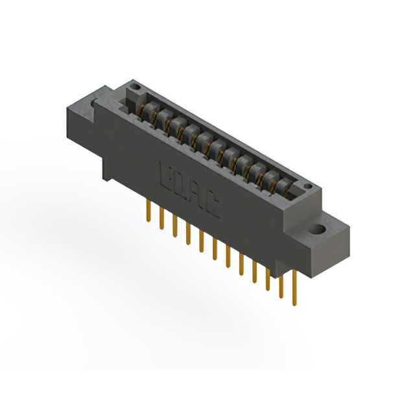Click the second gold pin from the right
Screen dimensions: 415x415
(281, 285)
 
